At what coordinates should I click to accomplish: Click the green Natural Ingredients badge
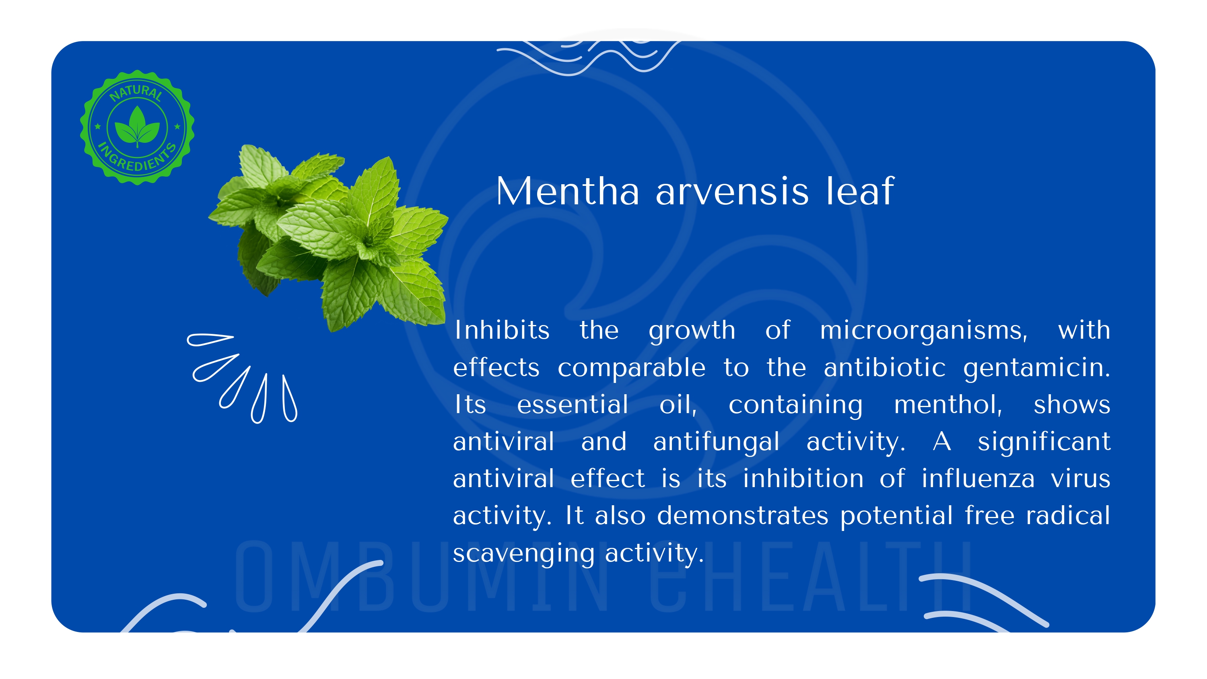pos(137,128)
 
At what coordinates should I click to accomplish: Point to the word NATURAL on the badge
pos(136,92)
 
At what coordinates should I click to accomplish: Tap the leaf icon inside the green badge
pos(137,126)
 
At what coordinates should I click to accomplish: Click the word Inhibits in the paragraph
pos(502,330)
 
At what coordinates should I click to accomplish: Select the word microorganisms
pos(923,331)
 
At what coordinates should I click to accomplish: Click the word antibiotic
pos(885,367)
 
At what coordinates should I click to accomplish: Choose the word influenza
pos(978,479)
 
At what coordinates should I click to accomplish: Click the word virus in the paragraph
pos(1081,479)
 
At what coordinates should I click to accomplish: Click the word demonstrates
pos(743,516)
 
